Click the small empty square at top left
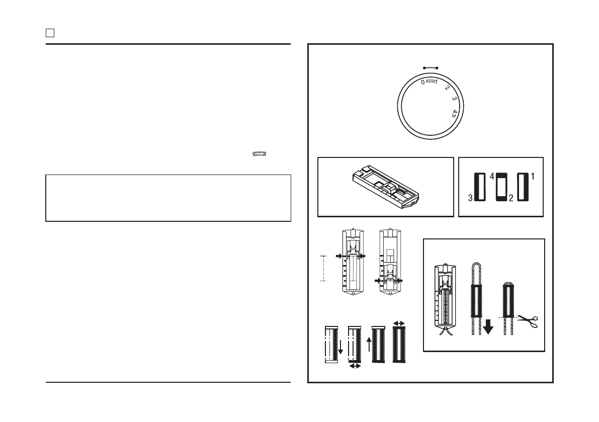(x=50, y=33)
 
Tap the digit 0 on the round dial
(x=423, y=82)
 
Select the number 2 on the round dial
(x=447, y=88)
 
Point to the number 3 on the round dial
(x=454, y=99)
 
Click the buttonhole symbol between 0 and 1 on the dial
(x=430, y=81)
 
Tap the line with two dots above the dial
(x=431, y=68)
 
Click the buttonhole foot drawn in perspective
(x=385, y=187)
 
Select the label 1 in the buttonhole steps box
(x=533, y=176)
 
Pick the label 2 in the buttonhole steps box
(x=511, y=198)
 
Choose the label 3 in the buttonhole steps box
(x=470, y=198)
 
